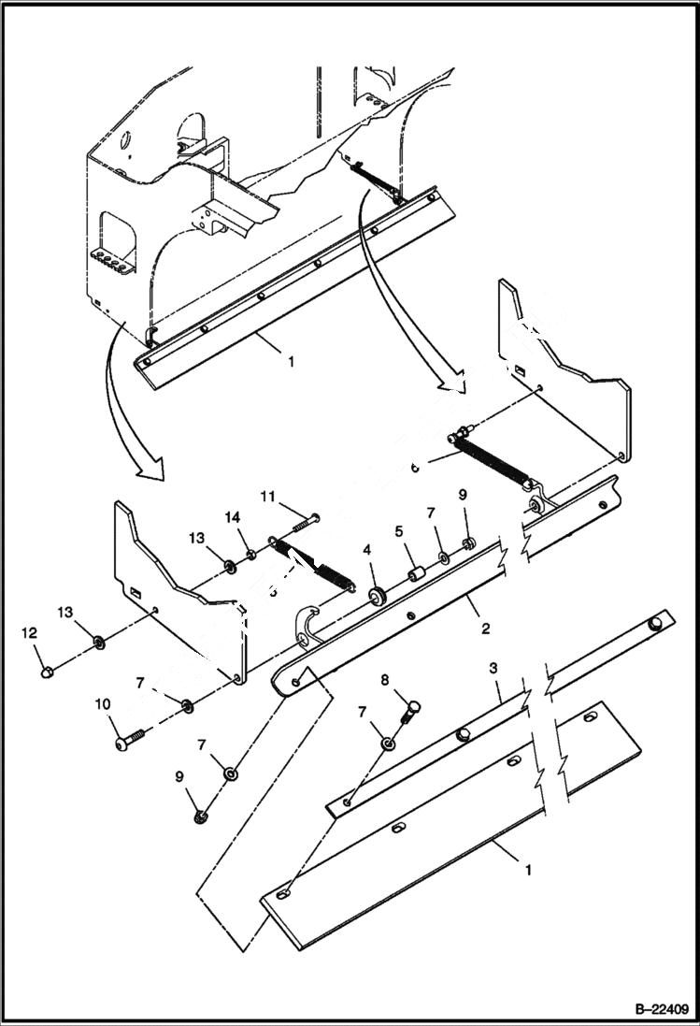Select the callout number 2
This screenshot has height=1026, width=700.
click(485, 629)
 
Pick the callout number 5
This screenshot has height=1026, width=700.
click(398, 531)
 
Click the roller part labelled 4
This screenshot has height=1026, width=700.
click(378, 596)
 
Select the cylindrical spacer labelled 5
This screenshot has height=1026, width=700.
click(416, 571)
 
